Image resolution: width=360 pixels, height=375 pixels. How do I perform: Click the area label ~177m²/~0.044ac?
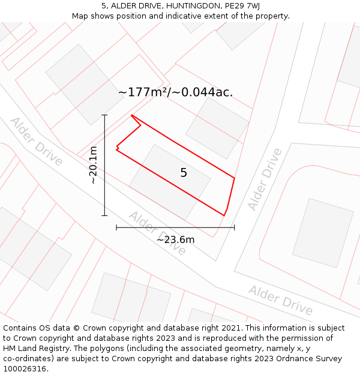click(175, 92)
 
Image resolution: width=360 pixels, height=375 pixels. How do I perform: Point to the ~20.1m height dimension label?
click(93, 165)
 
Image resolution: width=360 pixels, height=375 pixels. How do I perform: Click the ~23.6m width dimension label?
click(175, 240)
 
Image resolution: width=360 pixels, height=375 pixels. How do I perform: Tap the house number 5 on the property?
click(184, 173)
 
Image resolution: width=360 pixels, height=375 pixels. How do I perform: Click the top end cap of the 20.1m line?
click(104, 115)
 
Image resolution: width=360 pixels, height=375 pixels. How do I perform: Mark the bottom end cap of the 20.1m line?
click(104, 215)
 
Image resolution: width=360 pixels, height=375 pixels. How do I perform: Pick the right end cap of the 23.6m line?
click(234, 227)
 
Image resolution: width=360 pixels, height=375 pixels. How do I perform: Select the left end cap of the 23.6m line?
click(116, 227)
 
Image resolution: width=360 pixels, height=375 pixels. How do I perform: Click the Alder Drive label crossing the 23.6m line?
click(158, 233)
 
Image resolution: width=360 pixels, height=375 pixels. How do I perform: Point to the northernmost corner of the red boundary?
click(131, 115)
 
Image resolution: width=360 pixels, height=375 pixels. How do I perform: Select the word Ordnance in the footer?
click(281, 359)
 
